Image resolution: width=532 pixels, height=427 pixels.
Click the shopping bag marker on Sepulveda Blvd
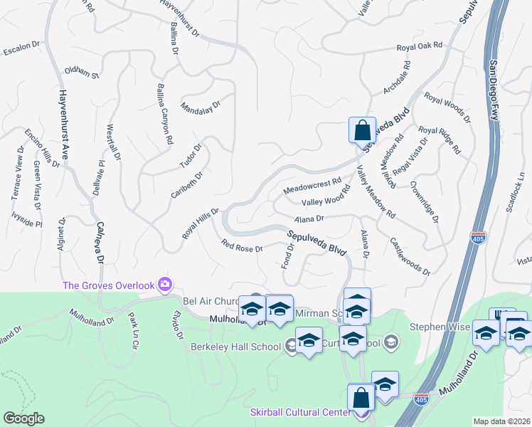[362, 130]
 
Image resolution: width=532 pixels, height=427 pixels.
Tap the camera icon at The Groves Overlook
[165, 285]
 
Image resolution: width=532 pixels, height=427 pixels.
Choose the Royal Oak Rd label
[420, 46]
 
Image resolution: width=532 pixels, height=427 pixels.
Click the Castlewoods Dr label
[410, 257]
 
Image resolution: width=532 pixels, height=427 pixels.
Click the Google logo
[23, 418]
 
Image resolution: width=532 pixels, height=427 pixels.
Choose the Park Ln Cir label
[132, 330]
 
